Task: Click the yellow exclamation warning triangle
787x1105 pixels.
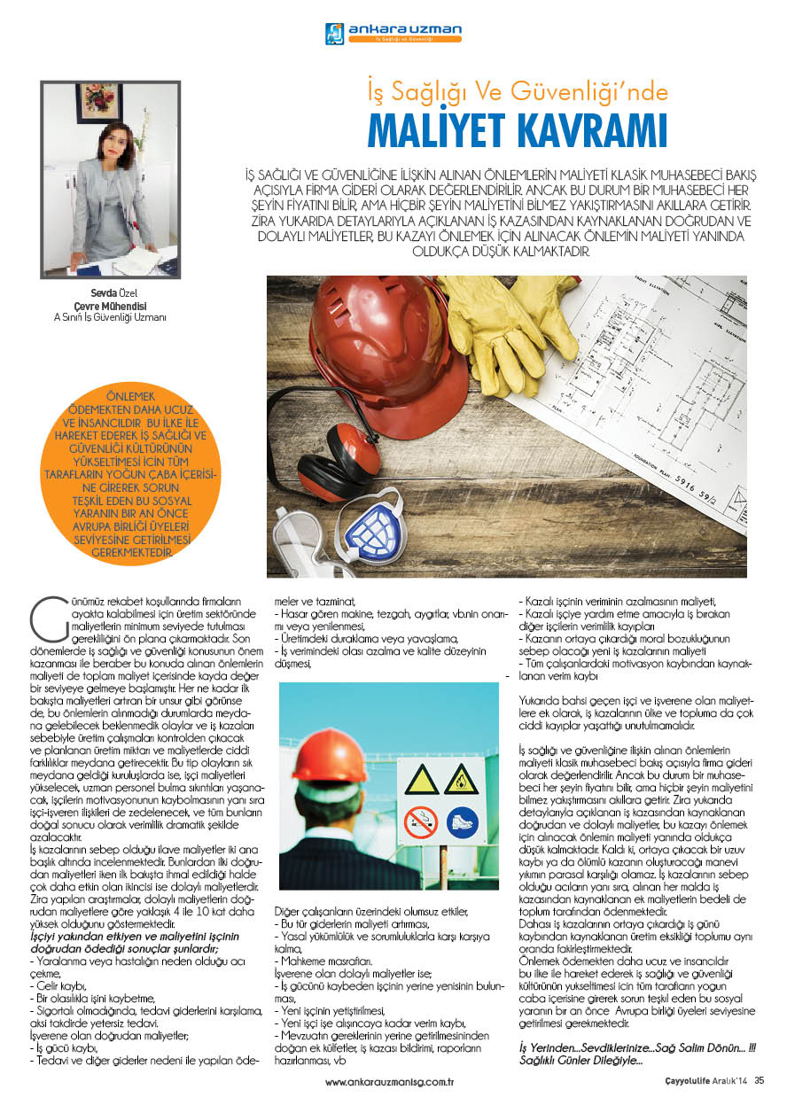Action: pyautogui.click(x=421, y=780)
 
